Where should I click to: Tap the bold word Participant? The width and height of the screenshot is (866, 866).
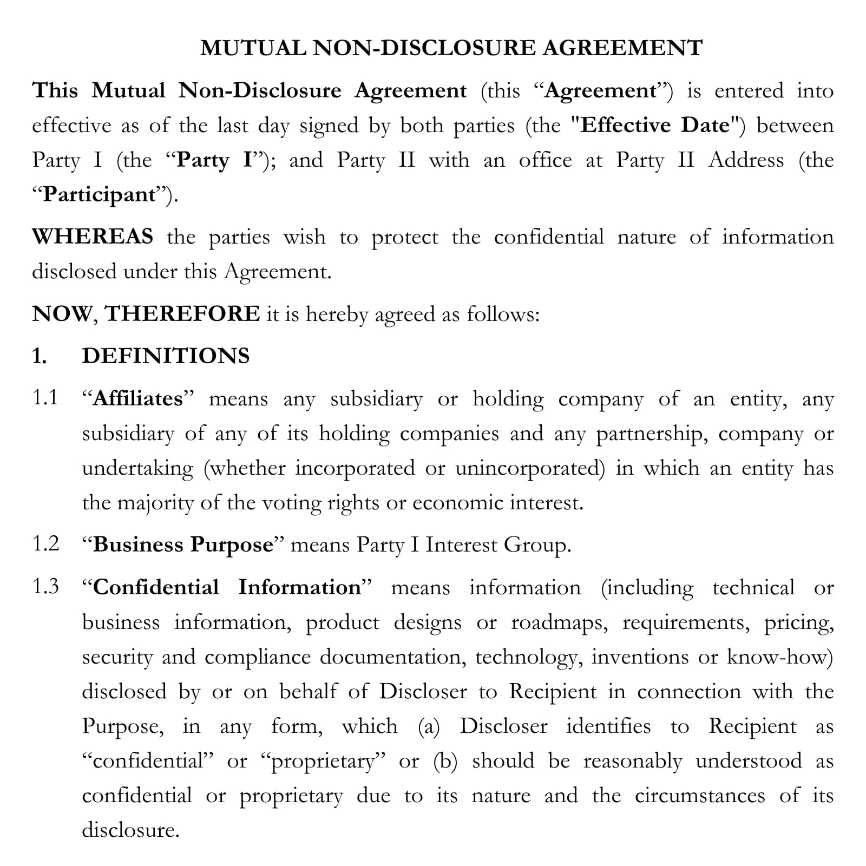coord(99,195)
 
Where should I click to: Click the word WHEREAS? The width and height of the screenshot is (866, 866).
coord(93,237)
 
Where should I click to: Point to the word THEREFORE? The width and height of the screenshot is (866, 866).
coord(182,314)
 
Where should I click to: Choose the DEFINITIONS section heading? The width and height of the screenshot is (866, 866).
coord(166,356)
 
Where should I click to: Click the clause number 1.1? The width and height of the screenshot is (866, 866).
coord(45,398)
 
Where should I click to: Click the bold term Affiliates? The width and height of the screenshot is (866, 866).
coord(138,399)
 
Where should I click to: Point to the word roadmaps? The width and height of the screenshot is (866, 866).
coord(559,623)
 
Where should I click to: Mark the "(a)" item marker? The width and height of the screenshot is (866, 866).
coord(429,727)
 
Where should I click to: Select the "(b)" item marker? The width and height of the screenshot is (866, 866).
coord(445,762)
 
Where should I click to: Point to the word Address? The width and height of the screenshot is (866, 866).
coord(746,161)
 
